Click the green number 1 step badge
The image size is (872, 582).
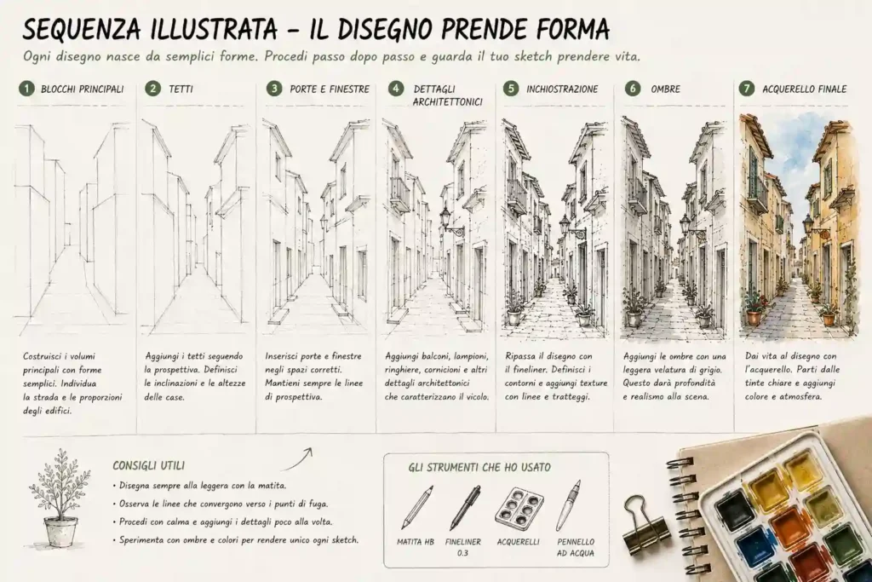[x=26, y=89]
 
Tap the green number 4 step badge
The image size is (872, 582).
[x=395, y=89]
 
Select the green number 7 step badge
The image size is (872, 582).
[x=746, y=89]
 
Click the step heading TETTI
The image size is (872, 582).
[x=181, y=89]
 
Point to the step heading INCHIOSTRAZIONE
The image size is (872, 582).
[x=562, y=89]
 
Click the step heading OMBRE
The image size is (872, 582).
[x=666, y=89]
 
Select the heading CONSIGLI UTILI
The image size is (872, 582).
[x=148, y=466]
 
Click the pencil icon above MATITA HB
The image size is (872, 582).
[x=417, y=507]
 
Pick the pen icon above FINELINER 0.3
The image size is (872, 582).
[x=465, y=508]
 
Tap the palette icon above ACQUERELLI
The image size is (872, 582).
[x=519, y=506]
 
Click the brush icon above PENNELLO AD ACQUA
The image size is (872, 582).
[x=568, y=505]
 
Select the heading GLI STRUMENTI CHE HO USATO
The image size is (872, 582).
[x=479, y=467]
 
